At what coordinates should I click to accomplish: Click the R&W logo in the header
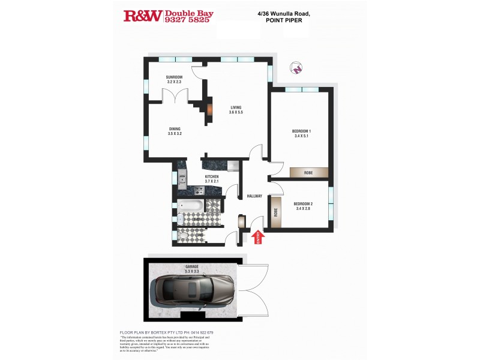coord(142,16)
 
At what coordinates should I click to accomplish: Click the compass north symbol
coord(296,68)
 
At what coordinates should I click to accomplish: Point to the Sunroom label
coord(174,78)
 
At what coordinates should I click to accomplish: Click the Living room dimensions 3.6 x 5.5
coord(236,112)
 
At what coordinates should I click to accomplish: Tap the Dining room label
coord(175,129)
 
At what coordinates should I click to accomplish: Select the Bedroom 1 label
coord(301,131)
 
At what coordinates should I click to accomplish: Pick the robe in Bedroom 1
coord(308,173)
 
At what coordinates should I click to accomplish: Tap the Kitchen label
coord(211,176)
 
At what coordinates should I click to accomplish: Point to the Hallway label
coord(254,196)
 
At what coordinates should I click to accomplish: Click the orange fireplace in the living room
coord(210,109)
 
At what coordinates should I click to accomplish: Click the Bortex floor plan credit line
coord(167,332)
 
